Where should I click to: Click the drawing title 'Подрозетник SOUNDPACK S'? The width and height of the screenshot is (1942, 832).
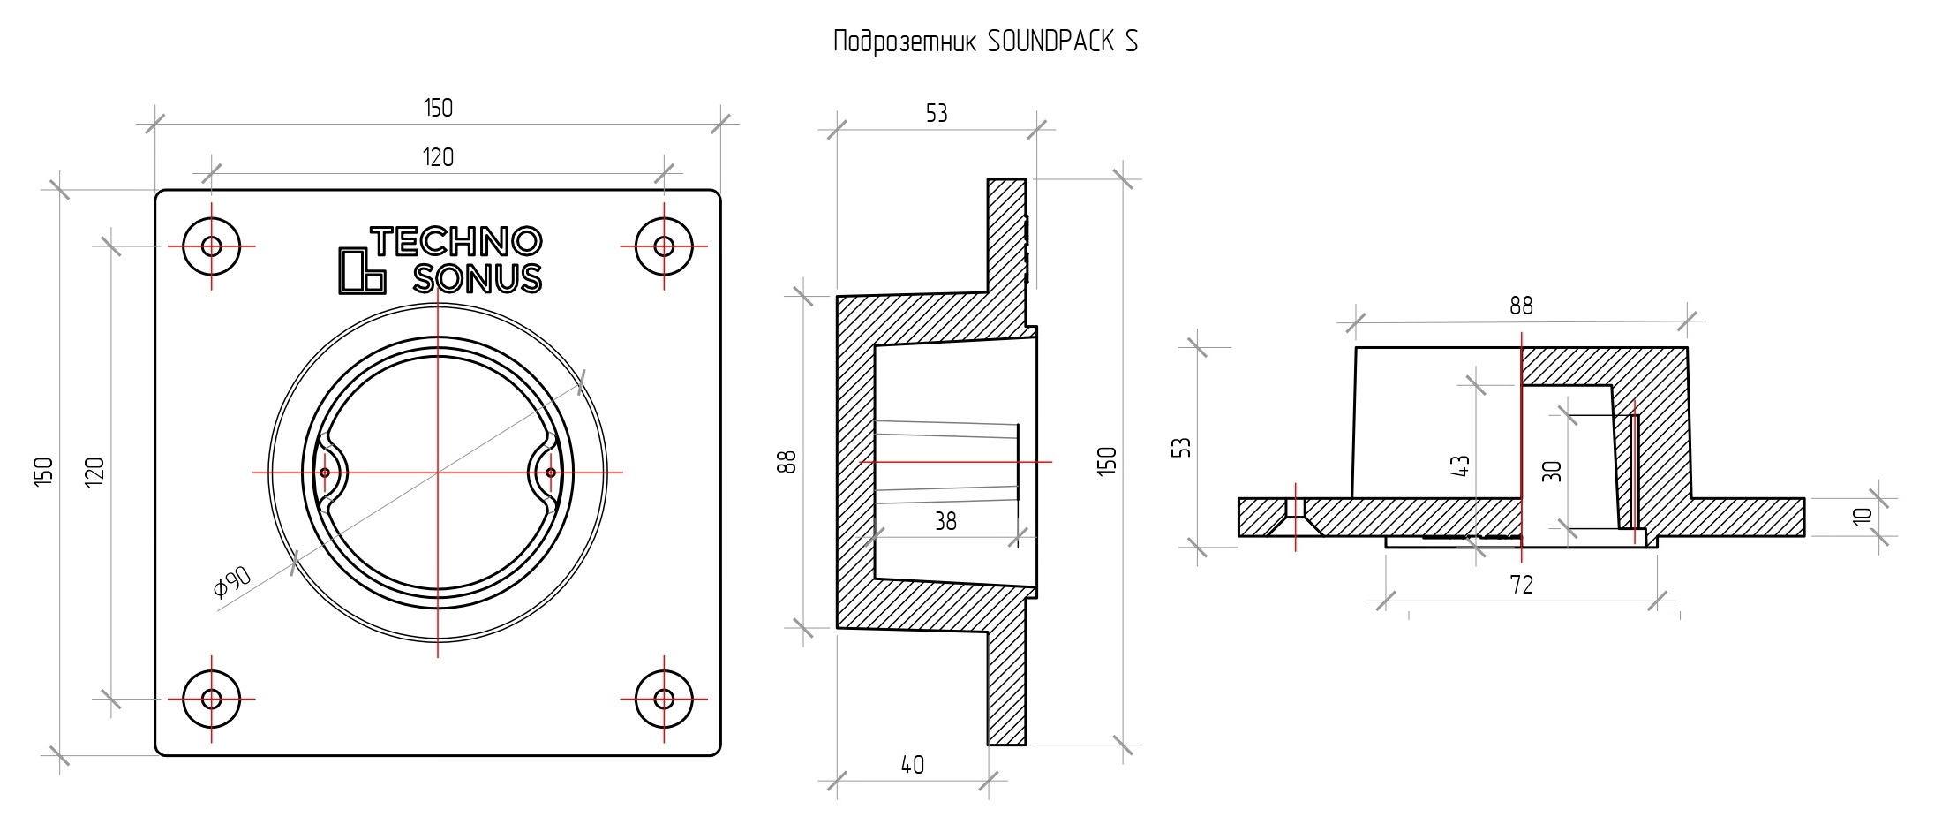[985, 42]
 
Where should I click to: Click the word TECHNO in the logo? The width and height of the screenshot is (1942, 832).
[455, 241]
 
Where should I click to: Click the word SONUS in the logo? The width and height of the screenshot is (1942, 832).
[478, 278]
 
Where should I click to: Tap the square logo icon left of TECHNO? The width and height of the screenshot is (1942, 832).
[362, 270]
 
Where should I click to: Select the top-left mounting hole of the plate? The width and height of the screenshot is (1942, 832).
[211, 246]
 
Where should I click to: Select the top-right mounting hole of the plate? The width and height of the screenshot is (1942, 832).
[664, 246]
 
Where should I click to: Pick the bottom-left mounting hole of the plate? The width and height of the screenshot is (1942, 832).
[211, 699]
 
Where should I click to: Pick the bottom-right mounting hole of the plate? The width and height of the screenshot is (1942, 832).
[664, 699]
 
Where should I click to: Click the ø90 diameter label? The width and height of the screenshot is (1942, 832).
[233, 582]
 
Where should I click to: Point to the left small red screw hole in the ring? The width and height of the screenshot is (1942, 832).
[325, 473]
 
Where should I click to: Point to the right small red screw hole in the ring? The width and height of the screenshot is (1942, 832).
[551, 473]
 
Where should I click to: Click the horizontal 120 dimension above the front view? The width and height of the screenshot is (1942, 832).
[438, 158]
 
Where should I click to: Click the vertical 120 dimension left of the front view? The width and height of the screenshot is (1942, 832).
[94, 469]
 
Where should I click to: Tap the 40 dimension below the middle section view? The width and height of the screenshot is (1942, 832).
[913, 765]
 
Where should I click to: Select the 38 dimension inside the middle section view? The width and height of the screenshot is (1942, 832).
[945, 522]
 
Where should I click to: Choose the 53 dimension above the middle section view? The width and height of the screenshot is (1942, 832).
[937, 114]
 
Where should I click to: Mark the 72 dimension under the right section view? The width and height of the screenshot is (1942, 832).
[1522, 585]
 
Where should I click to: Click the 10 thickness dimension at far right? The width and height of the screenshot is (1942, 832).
[1863, 517]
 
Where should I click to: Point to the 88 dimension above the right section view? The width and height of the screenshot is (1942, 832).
[1521, 306]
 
